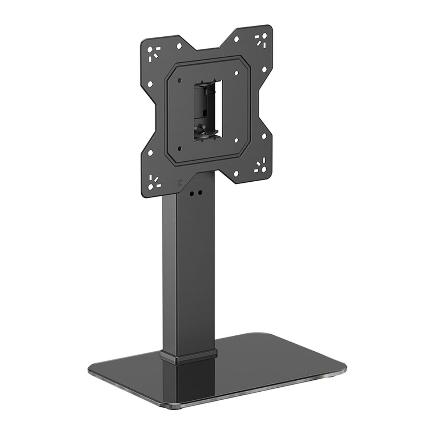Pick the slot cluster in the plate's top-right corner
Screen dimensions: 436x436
(x=260, y=40)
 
